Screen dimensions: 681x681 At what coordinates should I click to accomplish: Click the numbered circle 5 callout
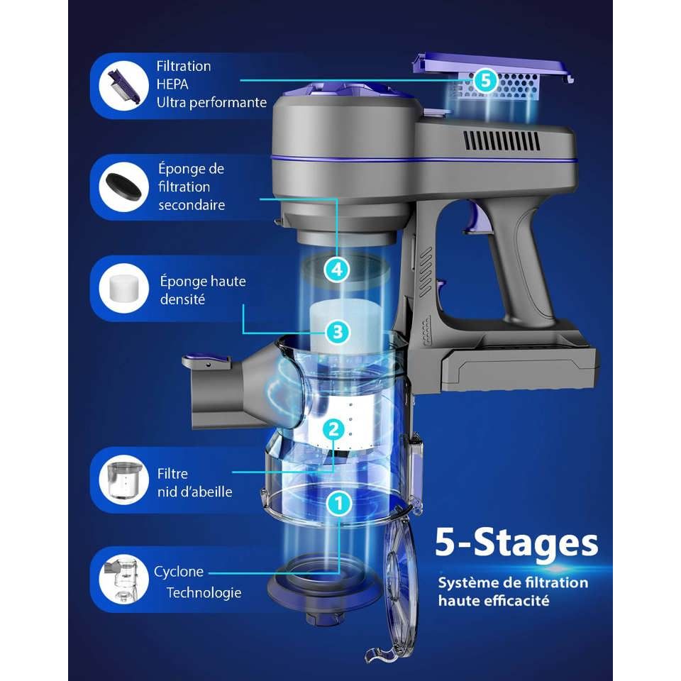click(485, 80)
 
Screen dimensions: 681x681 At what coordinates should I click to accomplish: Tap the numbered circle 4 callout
click(337, 270)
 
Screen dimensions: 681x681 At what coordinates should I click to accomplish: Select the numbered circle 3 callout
click(338, 332)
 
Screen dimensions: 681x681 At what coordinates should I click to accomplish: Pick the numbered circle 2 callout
click(333, 429)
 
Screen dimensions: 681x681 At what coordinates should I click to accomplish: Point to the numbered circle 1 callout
click(339, 504)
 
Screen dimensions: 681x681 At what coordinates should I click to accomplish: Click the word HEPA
click(172, 84)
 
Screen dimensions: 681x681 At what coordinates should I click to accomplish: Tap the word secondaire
click(192, 205)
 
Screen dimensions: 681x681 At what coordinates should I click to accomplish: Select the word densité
click(182, 299)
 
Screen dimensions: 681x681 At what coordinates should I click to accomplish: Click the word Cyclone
click(179, 572)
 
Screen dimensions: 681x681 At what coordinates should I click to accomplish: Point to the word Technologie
click(204, 593)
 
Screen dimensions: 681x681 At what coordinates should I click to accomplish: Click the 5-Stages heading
click(516, 543)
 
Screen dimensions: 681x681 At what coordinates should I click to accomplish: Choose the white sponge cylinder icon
click(124, 287)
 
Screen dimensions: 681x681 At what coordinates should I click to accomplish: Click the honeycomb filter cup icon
click(123, 480)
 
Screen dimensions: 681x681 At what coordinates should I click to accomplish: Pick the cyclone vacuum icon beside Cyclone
click(122, 580)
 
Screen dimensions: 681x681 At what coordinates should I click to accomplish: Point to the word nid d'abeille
click(194, 492)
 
